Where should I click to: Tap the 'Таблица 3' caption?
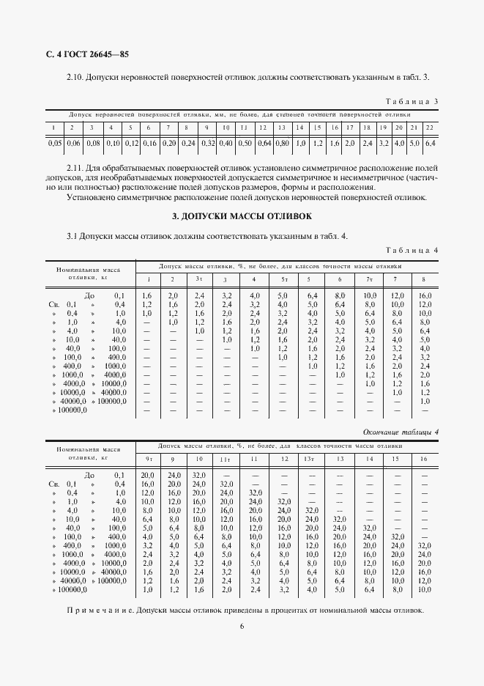(412, 101)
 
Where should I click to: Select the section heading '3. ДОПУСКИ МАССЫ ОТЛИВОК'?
(242, 217)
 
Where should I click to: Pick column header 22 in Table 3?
(429, 128)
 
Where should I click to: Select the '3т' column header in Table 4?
(198, 279)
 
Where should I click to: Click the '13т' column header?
(311, 459)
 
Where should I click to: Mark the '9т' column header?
(148, 459)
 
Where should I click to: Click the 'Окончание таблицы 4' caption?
(401, 432)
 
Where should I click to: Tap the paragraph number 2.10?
(76, 77)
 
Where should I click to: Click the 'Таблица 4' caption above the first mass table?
(412, 251)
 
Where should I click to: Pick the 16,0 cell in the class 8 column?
(425, 294)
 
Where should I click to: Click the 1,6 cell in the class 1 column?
(147, 294)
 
